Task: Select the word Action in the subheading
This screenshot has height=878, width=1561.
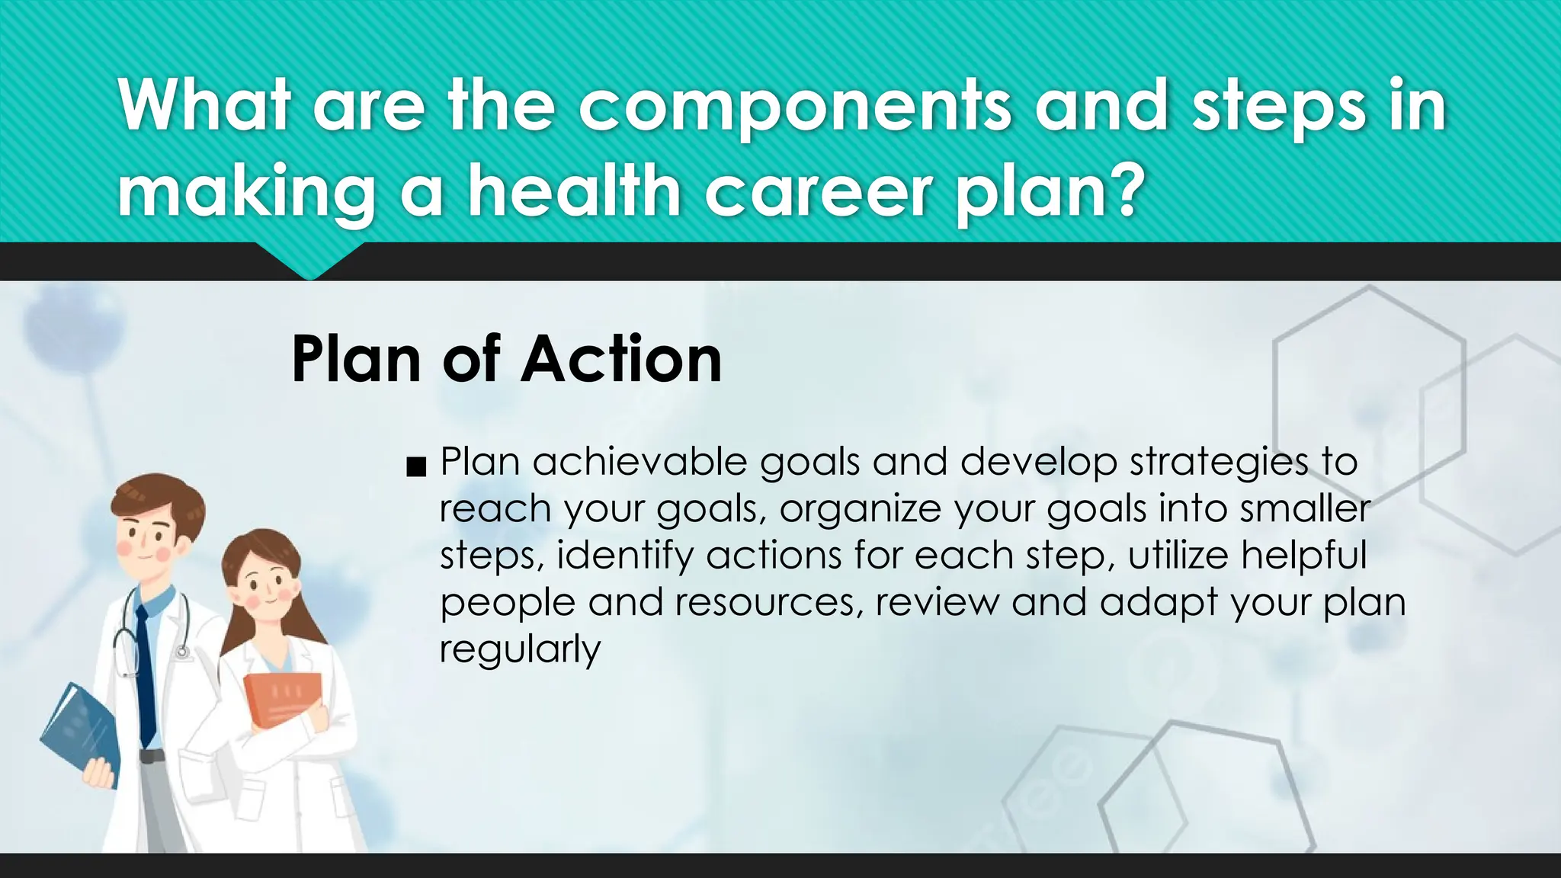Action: coord(620,359)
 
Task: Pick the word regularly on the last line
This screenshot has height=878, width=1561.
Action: coord(520,649)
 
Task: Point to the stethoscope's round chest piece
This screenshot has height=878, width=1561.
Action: coord(182,652)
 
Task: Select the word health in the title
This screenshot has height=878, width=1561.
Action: coord(573,191)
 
